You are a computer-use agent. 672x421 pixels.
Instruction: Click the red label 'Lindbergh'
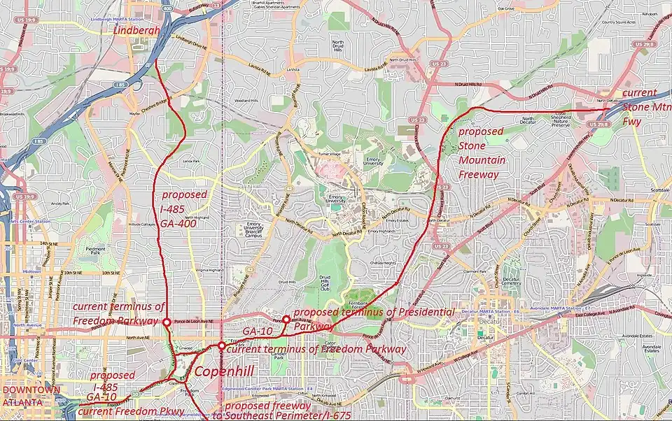click(x=136, y=31)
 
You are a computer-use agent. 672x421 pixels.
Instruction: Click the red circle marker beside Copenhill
click(x=222, y=345)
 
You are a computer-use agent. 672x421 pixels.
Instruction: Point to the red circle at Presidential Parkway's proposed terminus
click(x=286, y=319)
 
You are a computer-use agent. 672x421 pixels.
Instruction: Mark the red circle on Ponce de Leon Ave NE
click(x=167, y=322)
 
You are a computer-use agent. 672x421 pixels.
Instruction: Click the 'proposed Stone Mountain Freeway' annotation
click(x=481, y=152)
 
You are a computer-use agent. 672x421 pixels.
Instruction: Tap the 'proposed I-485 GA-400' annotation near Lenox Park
click(x=184, y=206)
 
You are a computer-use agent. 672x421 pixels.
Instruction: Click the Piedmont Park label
click(x=94, y=249)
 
